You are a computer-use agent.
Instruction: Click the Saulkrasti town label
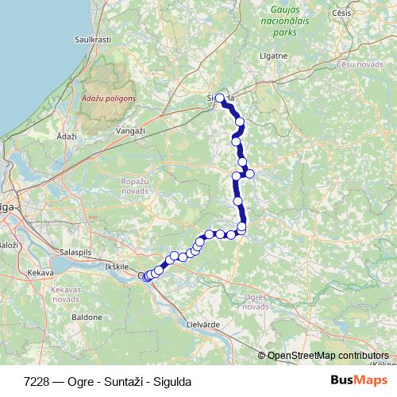[x=91, y=38]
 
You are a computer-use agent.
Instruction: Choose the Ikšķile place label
[x=116, y=267]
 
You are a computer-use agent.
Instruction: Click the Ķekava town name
[x=39, y=272]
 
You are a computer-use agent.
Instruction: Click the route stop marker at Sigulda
[x=220, y=98]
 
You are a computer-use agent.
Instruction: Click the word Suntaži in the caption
[x=118, y=381]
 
